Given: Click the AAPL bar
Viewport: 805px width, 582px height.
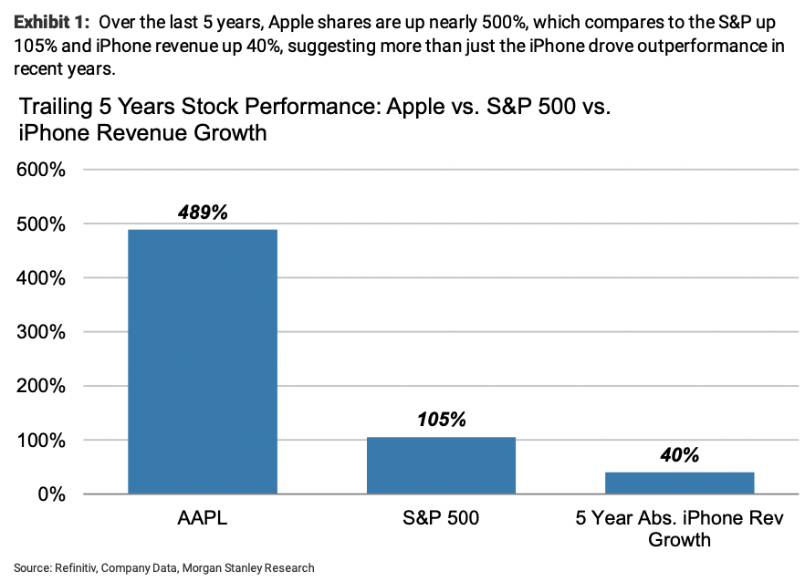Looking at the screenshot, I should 202,361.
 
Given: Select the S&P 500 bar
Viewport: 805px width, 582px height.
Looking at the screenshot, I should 441,465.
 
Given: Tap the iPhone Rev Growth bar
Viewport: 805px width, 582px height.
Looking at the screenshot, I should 679,483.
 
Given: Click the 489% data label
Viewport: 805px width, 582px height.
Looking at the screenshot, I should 202,213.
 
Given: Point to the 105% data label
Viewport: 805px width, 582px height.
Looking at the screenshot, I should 441,420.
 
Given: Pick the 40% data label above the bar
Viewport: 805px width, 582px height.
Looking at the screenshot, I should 679,455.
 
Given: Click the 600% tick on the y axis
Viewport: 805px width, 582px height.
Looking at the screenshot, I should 39,170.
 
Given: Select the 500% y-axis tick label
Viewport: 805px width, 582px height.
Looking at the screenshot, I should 39,224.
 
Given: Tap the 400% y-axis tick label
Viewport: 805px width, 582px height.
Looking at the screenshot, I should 39,278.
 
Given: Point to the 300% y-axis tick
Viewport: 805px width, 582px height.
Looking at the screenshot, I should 39,332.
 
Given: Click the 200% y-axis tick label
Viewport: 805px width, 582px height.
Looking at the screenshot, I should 39,386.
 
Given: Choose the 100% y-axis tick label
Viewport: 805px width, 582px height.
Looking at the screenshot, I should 39,441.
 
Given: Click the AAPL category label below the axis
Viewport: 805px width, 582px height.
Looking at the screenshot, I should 202,519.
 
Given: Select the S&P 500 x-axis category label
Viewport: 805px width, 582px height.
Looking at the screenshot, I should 441,519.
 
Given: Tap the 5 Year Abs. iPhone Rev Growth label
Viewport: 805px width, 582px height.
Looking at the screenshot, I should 679,529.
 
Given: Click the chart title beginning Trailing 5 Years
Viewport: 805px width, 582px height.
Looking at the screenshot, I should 315,120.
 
